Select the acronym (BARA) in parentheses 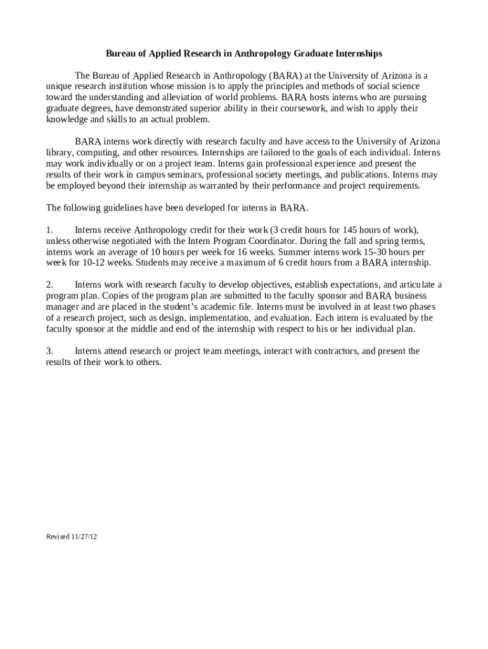pos(269,75)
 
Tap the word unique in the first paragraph pos(59,86)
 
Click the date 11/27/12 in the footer pos(84,537)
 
